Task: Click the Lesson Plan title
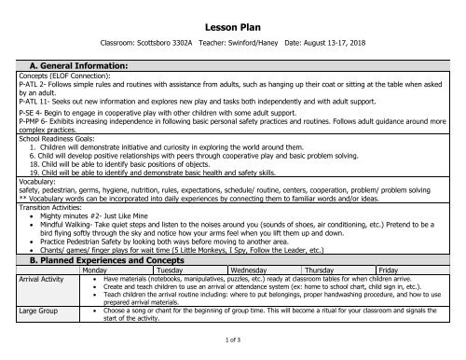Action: (x=232, y=19)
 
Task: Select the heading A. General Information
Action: (x=61, y=65)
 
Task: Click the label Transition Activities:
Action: (x=40, y=205)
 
